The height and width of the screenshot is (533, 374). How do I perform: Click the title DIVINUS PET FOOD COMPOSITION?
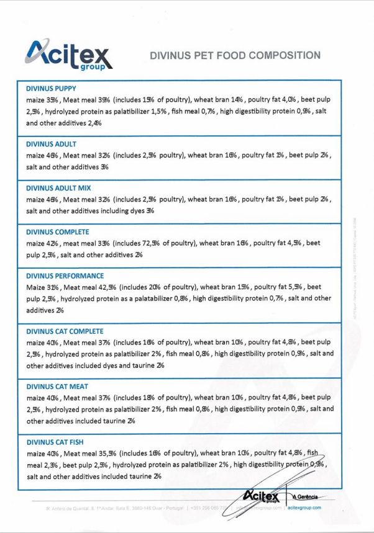click(235, 56)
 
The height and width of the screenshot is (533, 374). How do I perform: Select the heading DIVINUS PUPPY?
click(52, 88)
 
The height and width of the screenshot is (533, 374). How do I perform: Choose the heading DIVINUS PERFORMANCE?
click(65, 276)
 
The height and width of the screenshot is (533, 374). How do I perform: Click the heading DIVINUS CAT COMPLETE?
click(65, 331)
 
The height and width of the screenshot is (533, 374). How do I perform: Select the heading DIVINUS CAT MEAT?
click(57, 387)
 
